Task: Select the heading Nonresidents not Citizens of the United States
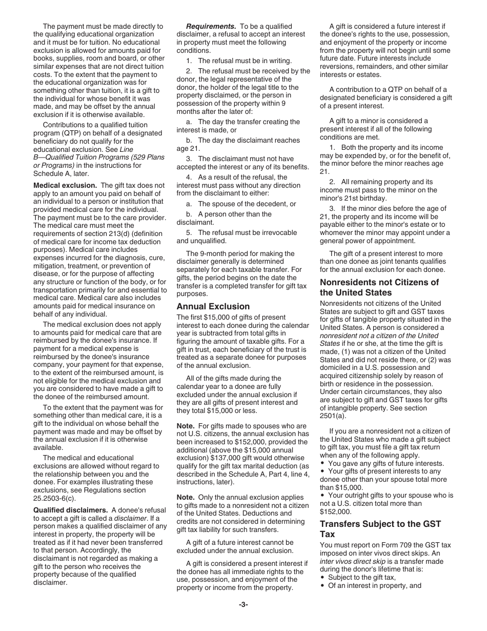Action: [379, 287]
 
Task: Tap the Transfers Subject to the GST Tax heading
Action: [380, 529]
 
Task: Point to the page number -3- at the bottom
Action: [243, 604]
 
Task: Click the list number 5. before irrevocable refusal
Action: [189, 232]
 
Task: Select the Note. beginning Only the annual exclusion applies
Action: [186, 497]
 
